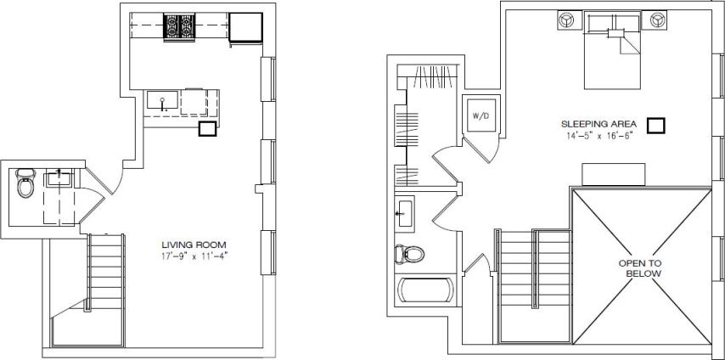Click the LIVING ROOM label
195,245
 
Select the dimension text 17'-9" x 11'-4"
195,255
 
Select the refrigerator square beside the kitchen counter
245,27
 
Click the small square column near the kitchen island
206,129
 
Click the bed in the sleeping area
612,51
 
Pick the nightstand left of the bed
568,19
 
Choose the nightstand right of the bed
655,19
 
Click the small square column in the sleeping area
655,126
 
